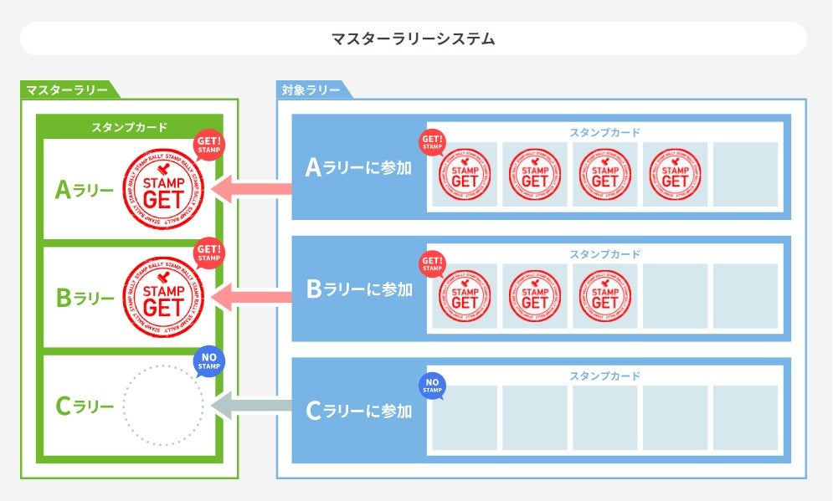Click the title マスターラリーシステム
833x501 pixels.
click(x=413, y=38)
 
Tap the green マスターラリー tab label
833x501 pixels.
click(x=67, y=89)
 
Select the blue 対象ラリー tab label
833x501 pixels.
click(x=311, y=89)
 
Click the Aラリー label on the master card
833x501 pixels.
click(x=84, y=191)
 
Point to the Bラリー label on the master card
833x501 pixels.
click(x=84, y=297)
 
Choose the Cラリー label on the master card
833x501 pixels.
click(x=84, y=406)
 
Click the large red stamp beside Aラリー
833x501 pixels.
click(x=163, y=191)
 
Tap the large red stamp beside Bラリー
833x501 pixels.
click(x=163, y=297)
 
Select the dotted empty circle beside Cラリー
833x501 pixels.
click(x=163, y=406)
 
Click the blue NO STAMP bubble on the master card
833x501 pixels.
click(x=208, y=362)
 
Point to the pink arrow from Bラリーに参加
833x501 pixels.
click(x=251, y=294)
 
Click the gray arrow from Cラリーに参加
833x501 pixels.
click(x=251, y=407)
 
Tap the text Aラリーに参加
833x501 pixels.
click(x=358, y=168)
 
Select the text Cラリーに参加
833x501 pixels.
click(x=358, y=411)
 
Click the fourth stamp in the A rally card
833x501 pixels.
click(x=675, y=174)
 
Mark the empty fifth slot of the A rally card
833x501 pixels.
click(x=745, y=174)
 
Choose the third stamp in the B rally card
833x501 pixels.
click(x=604, y=295)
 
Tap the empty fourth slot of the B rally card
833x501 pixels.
click(x=675, y=295)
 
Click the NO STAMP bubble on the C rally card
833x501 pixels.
click(x=432, y=386)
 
